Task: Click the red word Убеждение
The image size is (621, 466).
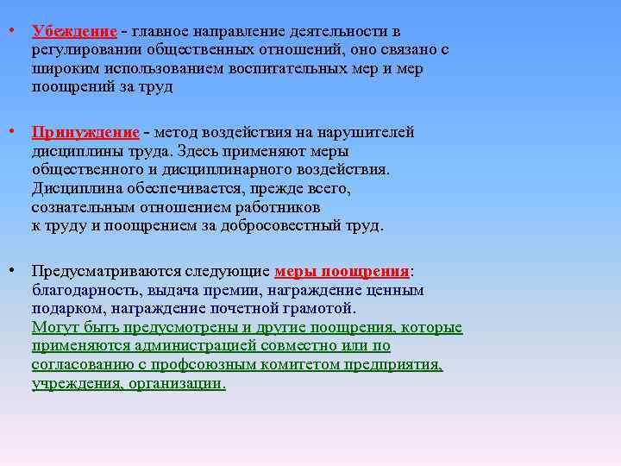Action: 74,32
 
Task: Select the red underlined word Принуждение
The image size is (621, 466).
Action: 85,132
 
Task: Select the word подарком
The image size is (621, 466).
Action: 66,308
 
